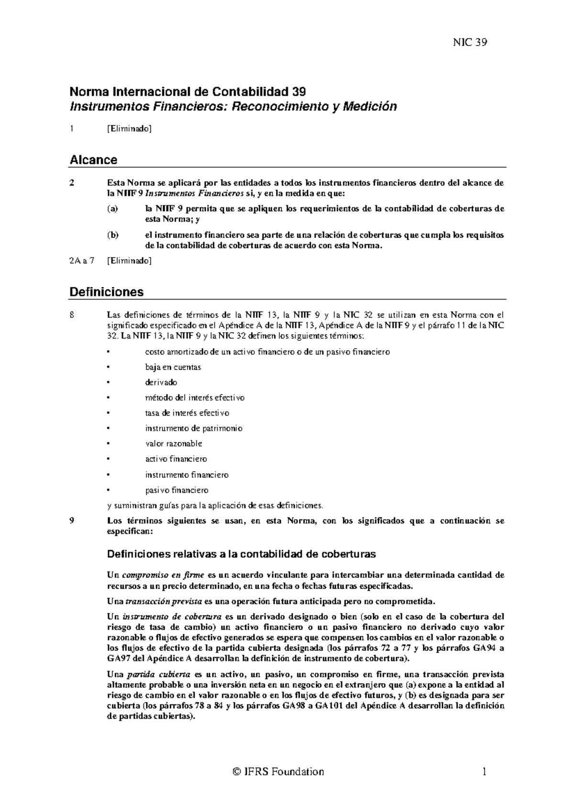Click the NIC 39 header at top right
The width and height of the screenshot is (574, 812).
(470, 43)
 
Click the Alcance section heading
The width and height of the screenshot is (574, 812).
(93, 160)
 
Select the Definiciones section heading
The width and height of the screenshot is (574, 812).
(107, 292)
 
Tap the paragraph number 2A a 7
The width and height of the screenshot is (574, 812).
(82, 261)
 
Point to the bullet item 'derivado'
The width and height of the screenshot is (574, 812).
(161, 382)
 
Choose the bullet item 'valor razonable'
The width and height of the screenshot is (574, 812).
(174, 444)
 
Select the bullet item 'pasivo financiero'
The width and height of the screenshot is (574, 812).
(177, 490)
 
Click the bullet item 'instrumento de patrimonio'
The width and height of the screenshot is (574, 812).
(194, 428)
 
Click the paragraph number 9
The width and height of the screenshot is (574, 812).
(72, 521)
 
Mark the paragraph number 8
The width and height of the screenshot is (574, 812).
(72, 315)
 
